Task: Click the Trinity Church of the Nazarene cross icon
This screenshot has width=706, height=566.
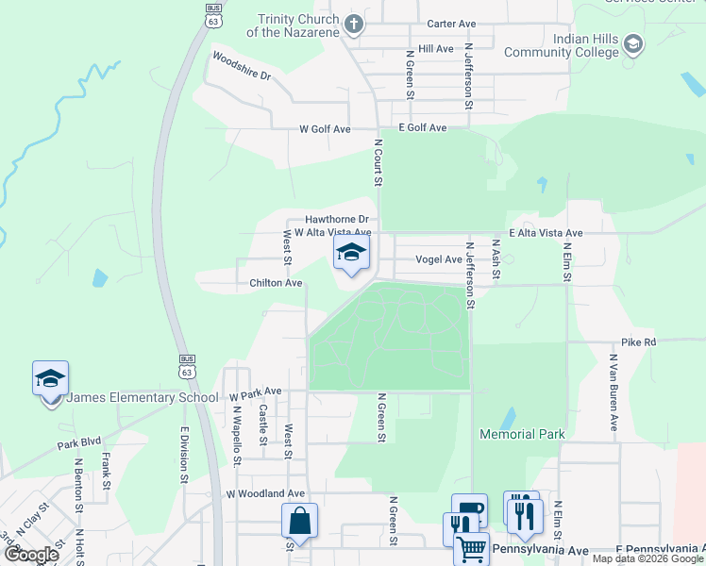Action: [x=354, y=25]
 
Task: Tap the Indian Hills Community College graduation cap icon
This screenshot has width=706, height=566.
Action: [x=633, y=44]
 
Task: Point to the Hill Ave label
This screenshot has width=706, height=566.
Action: [x=435, y=48]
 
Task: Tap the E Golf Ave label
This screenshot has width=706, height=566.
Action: [x=422, y=128]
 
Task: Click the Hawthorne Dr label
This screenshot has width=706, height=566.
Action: [x=335, y=219]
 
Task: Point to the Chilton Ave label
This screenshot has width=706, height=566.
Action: [x=276, y=283]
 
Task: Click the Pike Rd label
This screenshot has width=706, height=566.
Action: [x=638, y=342]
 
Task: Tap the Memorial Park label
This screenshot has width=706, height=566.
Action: [x=522, y=435]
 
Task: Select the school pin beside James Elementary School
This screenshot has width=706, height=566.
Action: [x=50, y=379]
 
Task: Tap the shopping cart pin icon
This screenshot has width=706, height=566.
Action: [x=471, y=547]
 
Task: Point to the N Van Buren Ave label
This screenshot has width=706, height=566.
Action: [x=613, y=391]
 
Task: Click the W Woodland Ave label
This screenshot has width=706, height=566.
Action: [x=265, y=493]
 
